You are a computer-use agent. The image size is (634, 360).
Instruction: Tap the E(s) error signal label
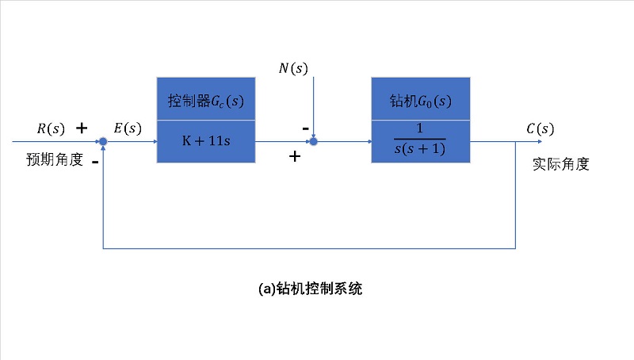pyautogui.click(x=128, y=128)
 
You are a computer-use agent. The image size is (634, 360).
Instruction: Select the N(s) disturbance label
pyautogui.click(x=293, y=68)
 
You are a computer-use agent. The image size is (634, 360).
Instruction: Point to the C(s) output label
pyautogui.click(x=540, y=128)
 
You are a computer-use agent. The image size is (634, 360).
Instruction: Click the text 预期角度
pyautogui.click(x=55, y=159)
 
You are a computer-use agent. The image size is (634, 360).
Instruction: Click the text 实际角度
pyautogui.click(x=561, y=165)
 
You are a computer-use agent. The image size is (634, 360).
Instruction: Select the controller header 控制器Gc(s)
pyautogui.click(x=206, y=101)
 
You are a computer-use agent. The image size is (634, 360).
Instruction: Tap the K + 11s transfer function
pyautogui.click(x=206, y=141)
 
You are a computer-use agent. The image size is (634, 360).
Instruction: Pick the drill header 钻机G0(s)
pyautogui.click(x=420, y=101)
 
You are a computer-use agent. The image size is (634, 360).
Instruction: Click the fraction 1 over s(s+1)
pyautogui.click(x=420, y=141)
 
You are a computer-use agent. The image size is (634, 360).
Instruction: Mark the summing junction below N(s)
pyautogui.click(x=314, y=142)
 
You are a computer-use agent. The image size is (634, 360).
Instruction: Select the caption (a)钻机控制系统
pyautogui.click(x=311, y=289)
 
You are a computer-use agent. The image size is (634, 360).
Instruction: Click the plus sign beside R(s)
pyautogui.click(x=81, y=128)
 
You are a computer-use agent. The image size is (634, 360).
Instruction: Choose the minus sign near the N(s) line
pyautogui.click(x=305, y=127)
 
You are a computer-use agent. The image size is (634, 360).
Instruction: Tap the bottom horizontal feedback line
pyautogui.click(x=309, y=248)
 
